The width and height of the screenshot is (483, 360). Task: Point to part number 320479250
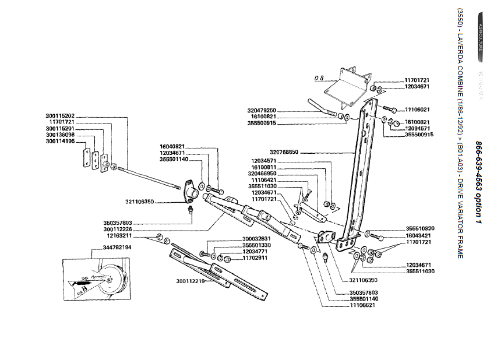tap(262, 110)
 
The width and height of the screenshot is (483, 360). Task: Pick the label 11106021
tap(417, 109)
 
